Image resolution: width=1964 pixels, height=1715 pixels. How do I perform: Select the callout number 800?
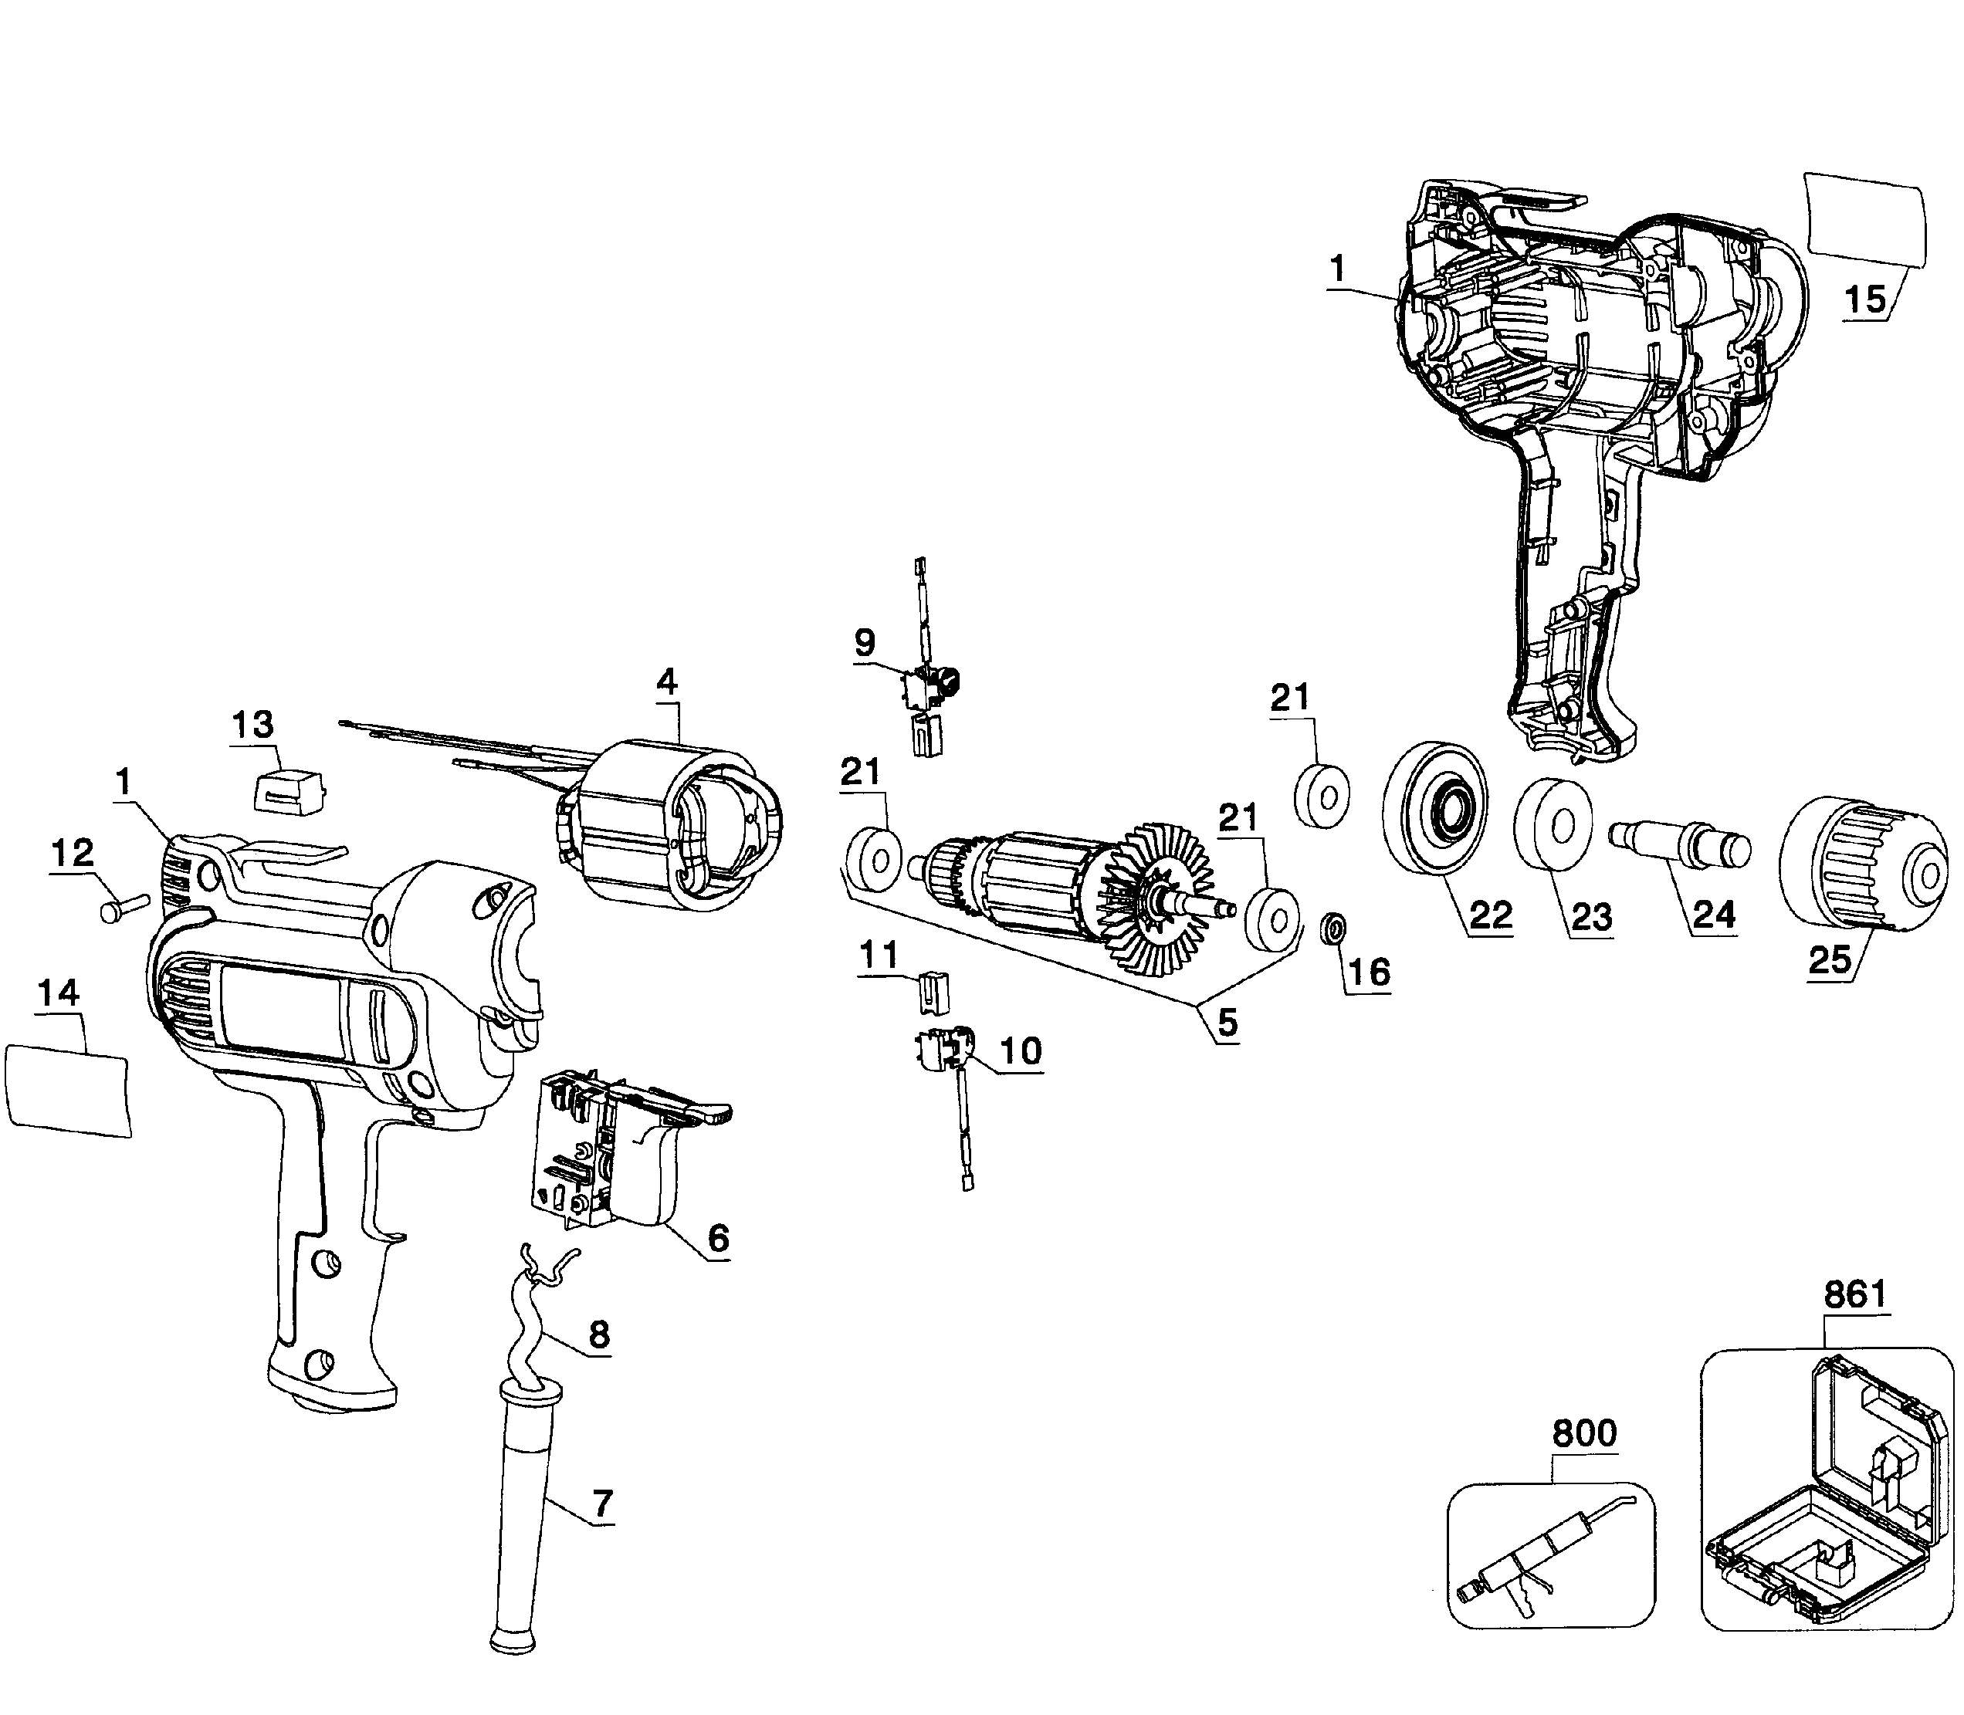tap(1584, 1433)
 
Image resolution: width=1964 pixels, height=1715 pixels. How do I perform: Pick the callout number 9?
tap(865, 642)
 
